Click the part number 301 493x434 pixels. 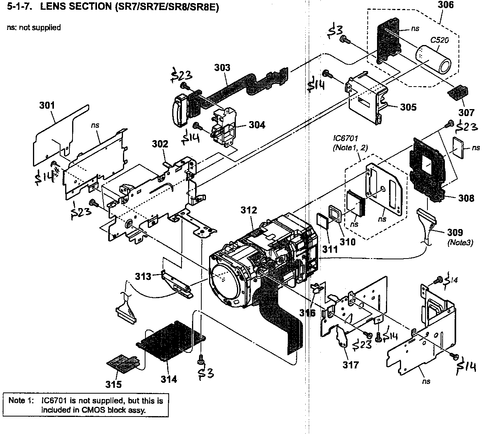47,105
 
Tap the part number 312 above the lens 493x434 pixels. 248,210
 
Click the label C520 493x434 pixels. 438,40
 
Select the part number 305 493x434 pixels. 408,107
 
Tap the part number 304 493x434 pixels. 257,125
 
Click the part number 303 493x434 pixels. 222,68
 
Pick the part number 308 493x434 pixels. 466,198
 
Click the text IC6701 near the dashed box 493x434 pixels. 345,138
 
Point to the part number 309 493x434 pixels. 455,233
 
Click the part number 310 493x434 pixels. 348,241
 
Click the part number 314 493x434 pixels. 169,379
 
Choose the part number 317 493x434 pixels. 351,365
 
